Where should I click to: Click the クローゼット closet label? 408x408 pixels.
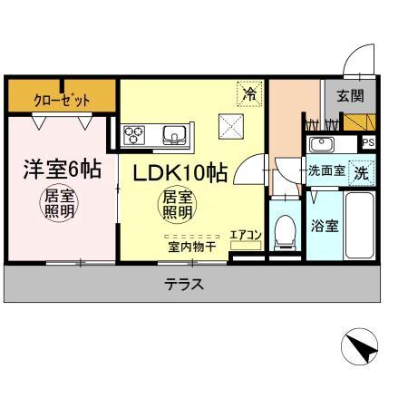tap(62, 97)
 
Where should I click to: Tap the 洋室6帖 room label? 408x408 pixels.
tap(61, 170)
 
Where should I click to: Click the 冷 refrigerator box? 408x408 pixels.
tap(248, 92)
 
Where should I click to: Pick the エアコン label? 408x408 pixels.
tap(246, 236)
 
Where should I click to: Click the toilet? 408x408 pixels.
tap(284, 230)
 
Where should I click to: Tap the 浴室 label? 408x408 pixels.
tap(324, 226)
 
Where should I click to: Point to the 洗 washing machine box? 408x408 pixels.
tap(361, 170)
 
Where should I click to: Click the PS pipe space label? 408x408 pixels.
tap(368, 143)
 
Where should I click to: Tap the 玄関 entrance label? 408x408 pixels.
tap(350, 95)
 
